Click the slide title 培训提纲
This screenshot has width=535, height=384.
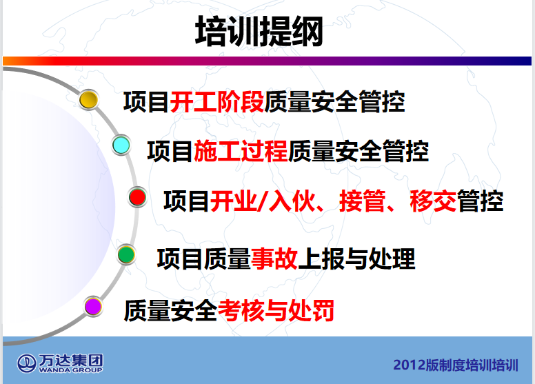point(259,31)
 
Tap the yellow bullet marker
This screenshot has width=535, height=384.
point(89,100)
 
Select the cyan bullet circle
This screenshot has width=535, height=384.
point(121,145)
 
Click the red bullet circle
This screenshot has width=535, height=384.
point(137,197)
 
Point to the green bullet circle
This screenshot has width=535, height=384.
point(126,254)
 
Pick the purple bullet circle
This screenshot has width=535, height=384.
point(93,306)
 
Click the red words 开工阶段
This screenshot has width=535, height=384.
point(217,102)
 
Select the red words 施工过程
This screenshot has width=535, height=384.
point(241,151)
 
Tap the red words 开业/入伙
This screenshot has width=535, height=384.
point(263,201)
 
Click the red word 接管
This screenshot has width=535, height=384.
point(363,201)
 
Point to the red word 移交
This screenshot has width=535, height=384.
point(433,201)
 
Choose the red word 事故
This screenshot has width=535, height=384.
point(274,259)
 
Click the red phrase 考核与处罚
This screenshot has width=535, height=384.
point(276,310)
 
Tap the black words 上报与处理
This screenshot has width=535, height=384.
point(356,259)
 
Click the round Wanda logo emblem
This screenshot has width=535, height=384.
point(27,363)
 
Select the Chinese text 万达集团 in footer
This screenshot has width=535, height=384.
point(70,360)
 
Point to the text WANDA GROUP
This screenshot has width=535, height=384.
point(70,370)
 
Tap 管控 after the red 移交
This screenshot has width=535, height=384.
point(480,201)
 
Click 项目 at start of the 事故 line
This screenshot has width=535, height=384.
point(181,259)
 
